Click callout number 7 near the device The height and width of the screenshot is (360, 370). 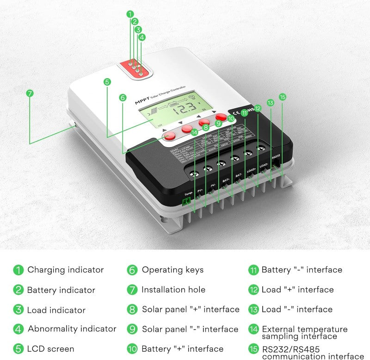[30, 93]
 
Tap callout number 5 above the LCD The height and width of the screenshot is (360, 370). [107, 82]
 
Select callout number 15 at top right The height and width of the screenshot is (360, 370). [283, 97]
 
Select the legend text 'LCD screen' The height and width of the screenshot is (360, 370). [50, 348]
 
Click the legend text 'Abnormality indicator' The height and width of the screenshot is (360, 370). [72, 329]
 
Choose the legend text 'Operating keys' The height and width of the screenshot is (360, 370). [172, 269]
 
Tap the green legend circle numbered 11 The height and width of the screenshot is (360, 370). [253, 270]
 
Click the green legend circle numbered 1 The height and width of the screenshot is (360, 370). [18, 270]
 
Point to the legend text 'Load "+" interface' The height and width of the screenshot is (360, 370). [297, 290]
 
